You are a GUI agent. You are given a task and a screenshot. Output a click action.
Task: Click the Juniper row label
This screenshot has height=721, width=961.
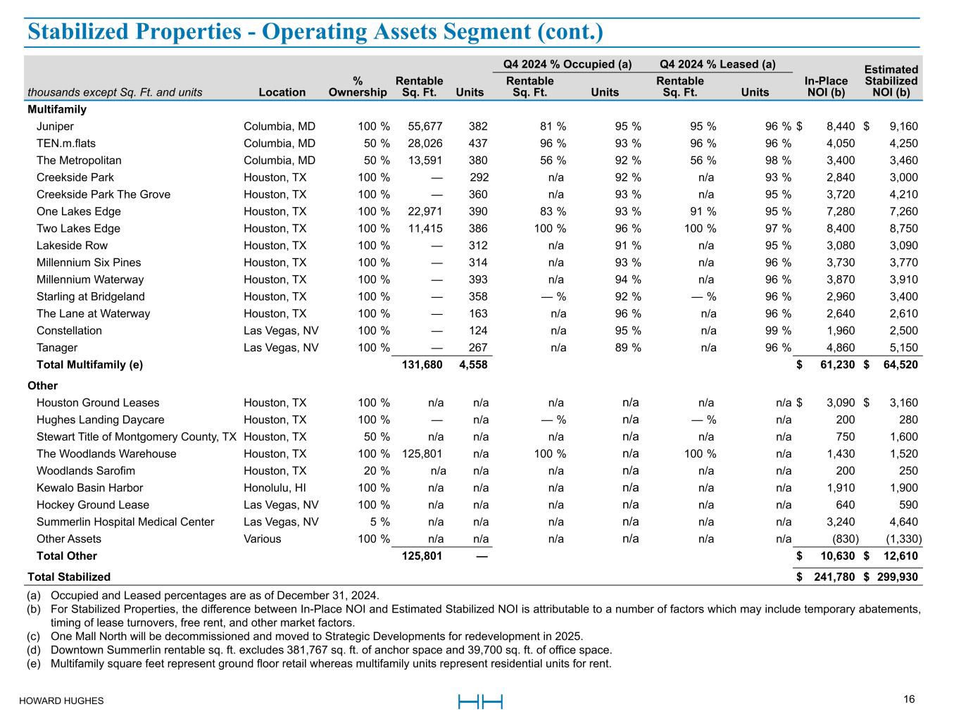(x=55, y=127)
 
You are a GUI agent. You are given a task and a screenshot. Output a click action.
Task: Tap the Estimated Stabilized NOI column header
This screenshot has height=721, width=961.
(x=891, y=81)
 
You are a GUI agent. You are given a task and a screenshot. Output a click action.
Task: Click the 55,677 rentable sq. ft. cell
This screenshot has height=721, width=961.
(x=425, y=127)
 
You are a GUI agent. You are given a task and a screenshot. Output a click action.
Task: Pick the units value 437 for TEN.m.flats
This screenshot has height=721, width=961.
(x=478, y=144)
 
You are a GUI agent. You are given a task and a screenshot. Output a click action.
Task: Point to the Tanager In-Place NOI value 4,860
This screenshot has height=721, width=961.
(x=840, y=348)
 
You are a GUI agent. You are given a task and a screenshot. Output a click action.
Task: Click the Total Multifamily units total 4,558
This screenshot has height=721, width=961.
(x=472, y=365)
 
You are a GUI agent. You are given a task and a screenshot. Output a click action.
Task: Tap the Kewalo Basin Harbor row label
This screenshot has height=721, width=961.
(x=89, y=488)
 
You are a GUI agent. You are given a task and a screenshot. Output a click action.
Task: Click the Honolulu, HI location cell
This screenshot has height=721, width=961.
(x=275, y=488)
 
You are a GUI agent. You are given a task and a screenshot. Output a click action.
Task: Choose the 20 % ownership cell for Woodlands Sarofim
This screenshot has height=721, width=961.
(x=374, y=471)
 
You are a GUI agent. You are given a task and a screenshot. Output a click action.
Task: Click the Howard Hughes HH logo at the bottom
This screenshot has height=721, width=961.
(x=480, y=702)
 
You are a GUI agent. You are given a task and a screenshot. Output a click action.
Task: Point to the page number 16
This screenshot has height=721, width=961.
(x=909, y=700)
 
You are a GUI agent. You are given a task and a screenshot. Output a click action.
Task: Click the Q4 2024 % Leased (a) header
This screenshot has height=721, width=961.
(x=717, y=65)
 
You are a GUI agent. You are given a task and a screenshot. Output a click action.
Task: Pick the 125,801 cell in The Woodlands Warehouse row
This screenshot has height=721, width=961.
(x=422, y=454)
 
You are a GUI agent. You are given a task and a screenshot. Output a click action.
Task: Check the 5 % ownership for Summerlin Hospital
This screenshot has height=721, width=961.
(x=380, y=522)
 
